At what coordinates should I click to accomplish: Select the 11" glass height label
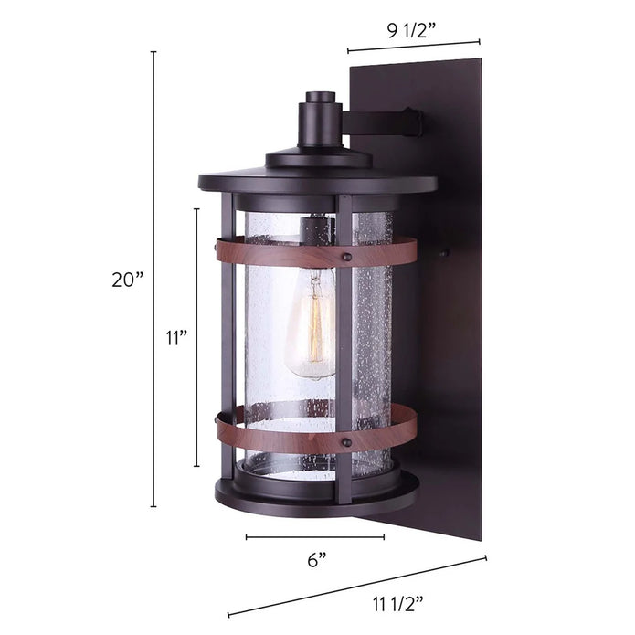(x=176, y=337)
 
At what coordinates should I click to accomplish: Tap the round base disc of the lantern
(x=315, y=498)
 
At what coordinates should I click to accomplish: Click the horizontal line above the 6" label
(x=315, y=537)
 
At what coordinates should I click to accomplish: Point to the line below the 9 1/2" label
(x=413, y=47)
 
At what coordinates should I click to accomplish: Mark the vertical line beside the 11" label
(x=196, y=337)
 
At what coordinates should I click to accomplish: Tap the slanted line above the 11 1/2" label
(x=356, y=585)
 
